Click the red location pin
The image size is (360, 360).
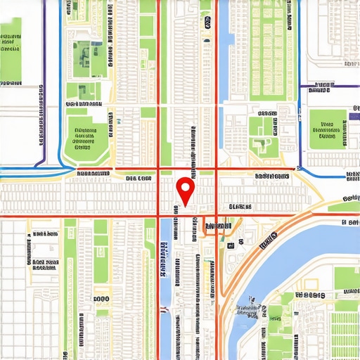point(185,188)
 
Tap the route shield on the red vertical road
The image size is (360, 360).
point(207,22)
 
